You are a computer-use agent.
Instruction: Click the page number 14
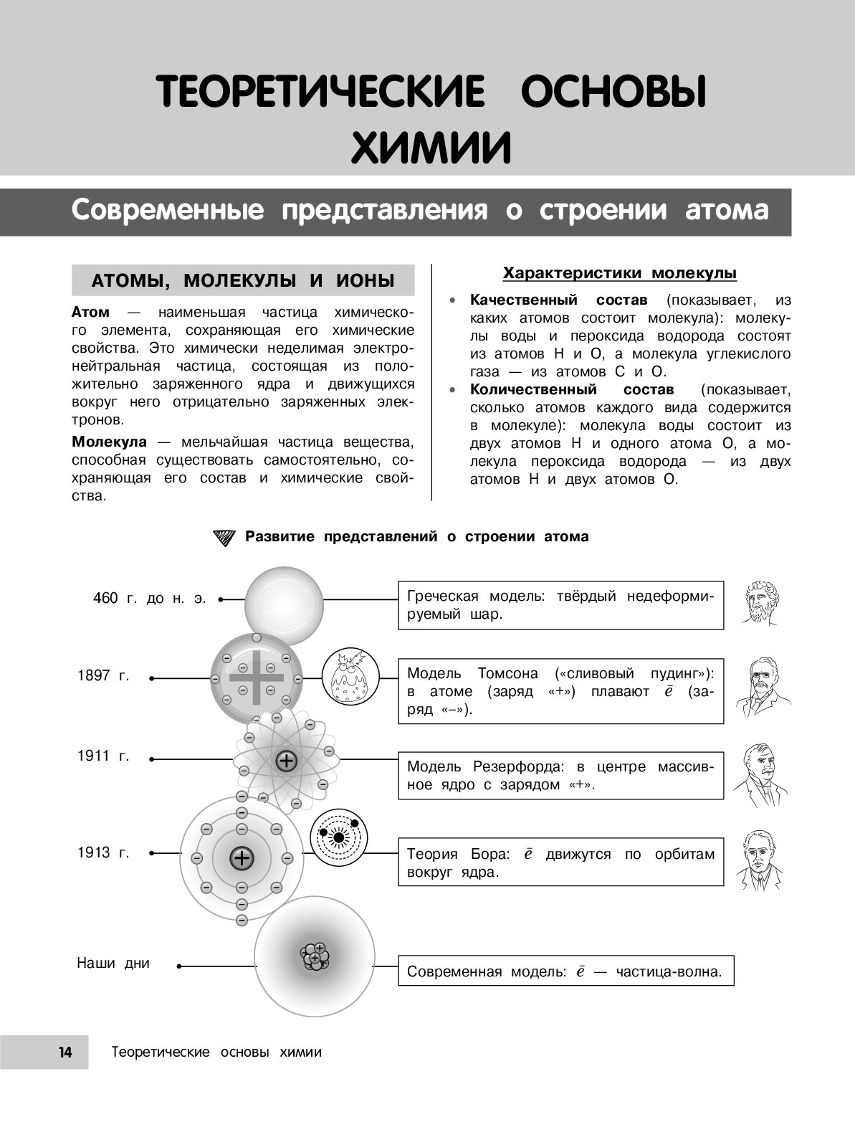point(65,1052)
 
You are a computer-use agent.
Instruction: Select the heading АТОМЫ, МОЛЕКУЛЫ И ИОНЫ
point(243,280)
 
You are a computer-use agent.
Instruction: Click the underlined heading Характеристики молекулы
point(620,273)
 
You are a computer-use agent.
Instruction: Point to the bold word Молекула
point(109,442)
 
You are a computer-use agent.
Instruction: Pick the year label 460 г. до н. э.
point(149,598)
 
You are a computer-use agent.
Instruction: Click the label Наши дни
point(113,963)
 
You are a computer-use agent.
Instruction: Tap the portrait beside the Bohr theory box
point(758,860)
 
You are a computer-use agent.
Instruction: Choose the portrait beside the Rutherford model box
point(758,772)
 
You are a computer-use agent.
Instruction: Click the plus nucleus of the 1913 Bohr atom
point(242,858)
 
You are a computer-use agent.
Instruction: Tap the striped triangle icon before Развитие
point(224,537)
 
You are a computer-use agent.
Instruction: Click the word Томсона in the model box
point(507,673)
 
